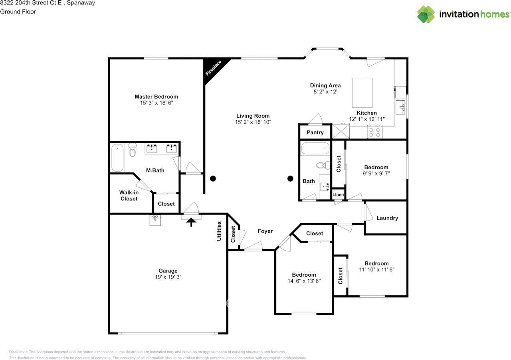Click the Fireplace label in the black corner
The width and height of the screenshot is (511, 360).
point(214,68)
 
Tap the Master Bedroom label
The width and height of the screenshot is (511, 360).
point(156,97)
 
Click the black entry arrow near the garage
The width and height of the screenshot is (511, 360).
point(192,222)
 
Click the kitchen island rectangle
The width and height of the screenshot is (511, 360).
point(362,93)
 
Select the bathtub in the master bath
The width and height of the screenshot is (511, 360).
point(117,158)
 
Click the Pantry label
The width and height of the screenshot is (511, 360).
point(315,133)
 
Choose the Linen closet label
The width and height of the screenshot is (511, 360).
point(338,194)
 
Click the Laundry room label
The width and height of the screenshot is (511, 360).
point(387,218)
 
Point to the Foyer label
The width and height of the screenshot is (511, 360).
point(265,231)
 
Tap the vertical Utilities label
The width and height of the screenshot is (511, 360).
point(219,231)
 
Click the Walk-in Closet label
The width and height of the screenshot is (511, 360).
point(129,196)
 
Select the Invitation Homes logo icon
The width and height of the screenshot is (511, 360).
point(426,14)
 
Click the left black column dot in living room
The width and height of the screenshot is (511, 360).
point(213,178)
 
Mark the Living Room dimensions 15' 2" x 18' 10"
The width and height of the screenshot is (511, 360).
point(253,122)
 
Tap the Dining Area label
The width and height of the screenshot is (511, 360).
point(325,85)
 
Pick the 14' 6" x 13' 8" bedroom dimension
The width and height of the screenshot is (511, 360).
point(304,281)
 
